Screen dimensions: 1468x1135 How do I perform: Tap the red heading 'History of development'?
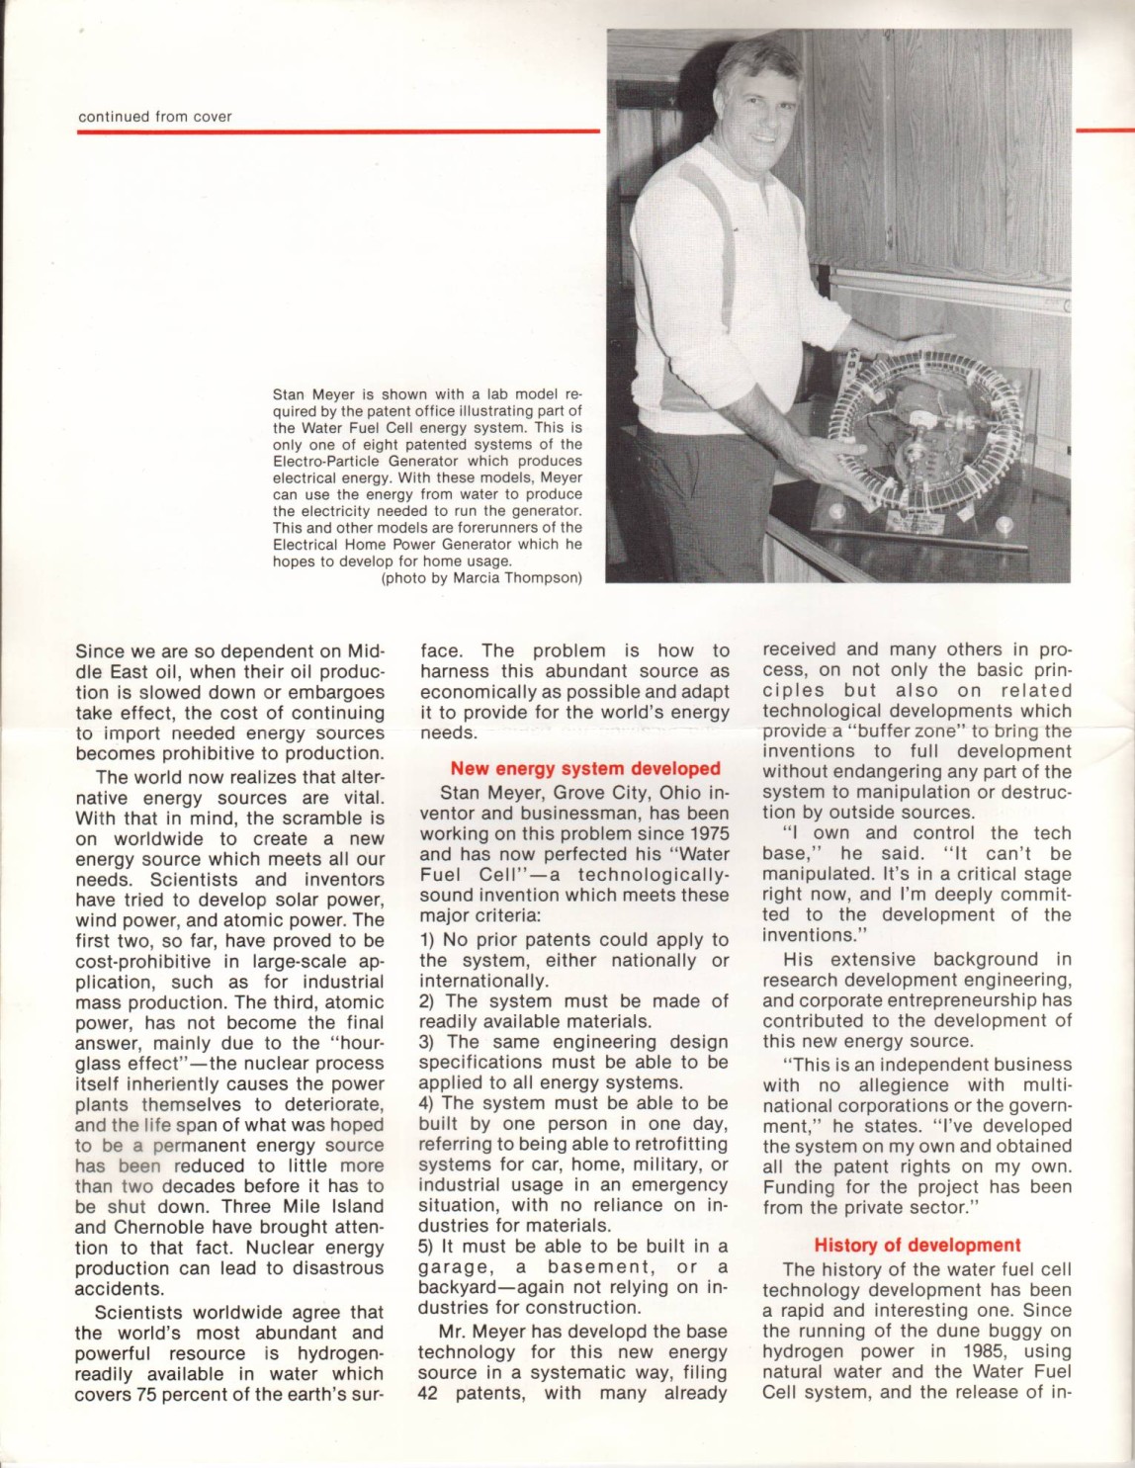917,1245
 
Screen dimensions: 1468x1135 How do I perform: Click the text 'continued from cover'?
155,117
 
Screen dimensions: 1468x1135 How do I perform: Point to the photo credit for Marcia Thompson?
481,578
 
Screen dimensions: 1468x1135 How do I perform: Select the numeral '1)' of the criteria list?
427,939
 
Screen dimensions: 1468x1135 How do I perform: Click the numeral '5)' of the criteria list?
427,1246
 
